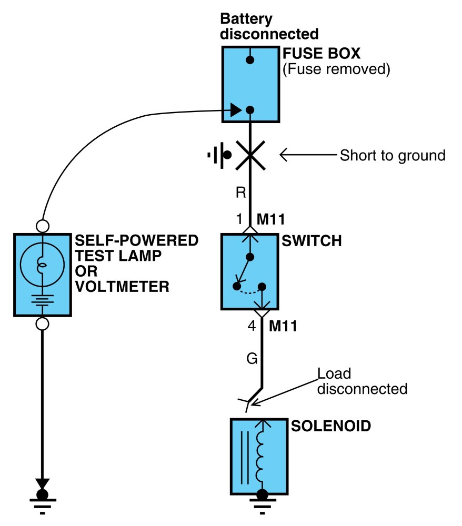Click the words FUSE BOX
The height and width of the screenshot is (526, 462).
321,53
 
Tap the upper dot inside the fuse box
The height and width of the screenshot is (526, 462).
250,60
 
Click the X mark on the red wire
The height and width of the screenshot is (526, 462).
250,155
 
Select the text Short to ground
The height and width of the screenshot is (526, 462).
393,155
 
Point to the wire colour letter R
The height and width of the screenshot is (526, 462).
241,193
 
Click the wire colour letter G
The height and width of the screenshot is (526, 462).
252,358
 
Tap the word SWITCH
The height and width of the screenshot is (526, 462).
312,241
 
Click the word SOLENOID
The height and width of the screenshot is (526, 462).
331,426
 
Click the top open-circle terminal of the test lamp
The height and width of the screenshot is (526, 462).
42,226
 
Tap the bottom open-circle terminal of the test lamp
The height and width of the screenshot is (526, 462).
42,324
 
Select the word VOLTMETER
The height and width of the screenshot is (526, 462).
122,287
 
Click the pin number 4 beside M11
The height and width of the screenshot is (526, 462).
252,326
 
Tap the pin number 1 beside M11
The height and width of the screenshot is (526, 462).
239,219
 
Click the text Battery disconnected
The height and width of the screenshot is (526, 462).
269,26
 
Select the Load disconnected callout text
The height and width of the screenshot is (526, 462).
362,381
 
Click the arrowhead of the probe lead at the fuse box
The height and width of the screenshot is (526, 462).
236,110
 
